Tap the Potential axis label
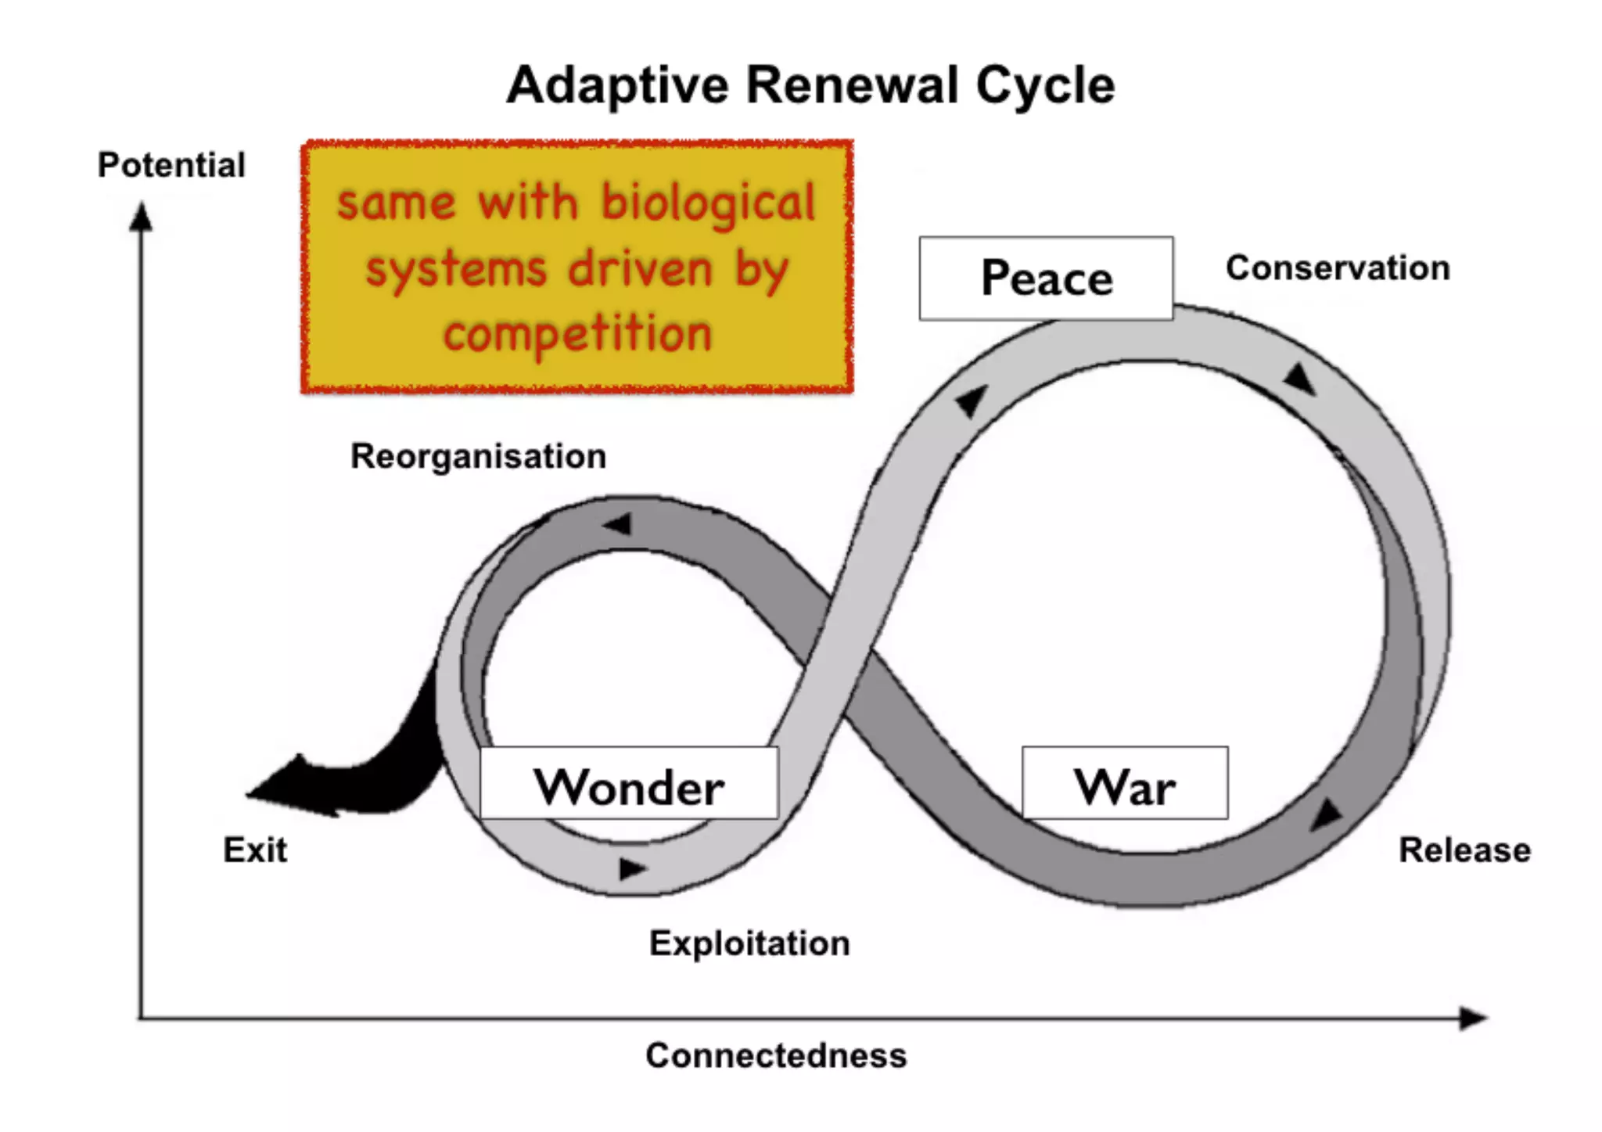(x=171, y=165)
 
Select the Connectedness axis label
(x=776, y=1055)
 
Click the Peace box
(x=1046, y=279)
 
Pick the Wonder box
(x=629, y=784)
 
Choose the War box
(x=1124, y=784)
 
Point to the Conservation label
(x=1338, y=268)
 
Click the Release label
(x=1464, y=850)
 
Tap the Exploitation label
(x=749, y=943)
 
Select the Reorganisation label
(x=478, y=456)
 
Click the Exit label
(x=255, y=850)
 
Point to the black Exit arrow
(x=344, y=778)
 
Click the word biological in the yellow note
(x=709, y=202)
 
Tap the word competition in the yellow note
(x=577, y=334)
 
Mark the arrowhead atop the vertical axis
(x=141, y=217)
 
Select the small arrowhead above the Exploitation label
(x=632, y=868)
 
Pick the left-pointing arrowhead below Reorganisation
(x=618, y=524)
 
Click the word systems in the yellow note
(x=456, y=269)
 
